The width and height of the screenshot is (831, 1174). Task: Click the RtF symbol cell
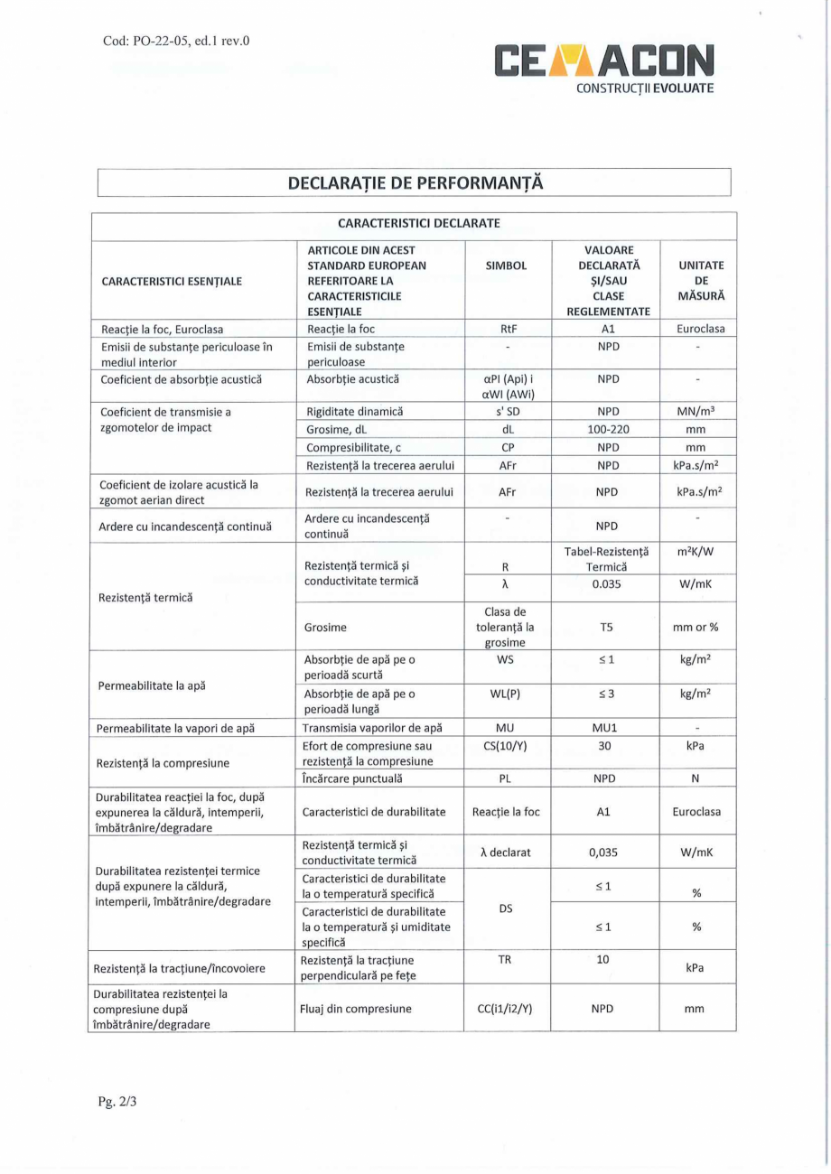pos(507,330)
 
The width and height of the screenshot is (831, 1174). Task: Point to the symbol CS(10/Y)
pos(507,746)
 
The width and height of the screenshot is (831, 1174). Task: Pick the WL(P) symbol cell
pos(507,694)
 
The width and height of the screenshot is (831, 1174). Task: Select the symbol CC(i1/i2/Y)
pos(507,1008)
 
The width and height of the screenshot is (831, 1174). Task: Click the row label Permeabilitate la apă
pos(152,685)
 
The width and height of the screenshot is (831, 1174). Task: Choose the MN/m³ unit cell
pos(696,412)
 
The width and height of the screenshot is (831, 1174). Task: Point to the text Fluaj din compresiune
pos(357,1008)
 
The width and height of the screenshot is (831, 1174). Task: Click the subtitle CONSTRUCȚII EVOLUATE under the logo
pos(645,89)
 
